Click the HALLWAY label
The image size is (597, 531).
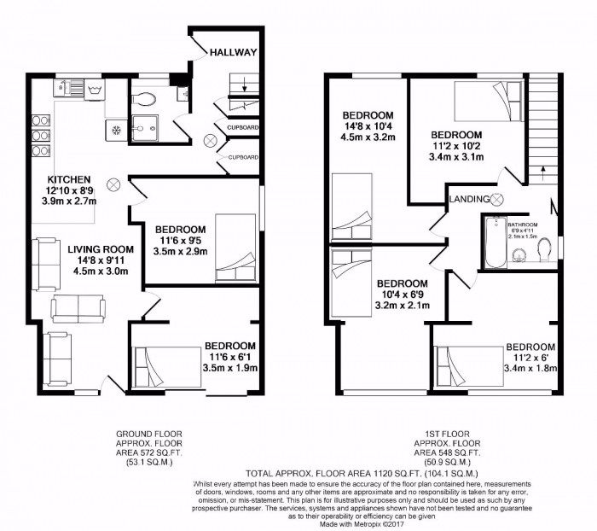(x=234, y=52)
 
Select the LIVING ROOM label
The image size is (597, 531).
(x=97, y=248)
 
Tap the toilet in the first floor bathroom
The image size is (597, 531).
(x=542, y=252)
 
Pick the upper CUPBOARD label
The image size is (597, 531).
(x=241, y=129)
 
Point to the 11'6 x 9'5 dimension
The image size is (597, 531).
(x=179, y=242)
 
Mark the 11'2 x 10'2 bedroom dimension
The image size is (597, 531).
(x=455, y=147)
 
